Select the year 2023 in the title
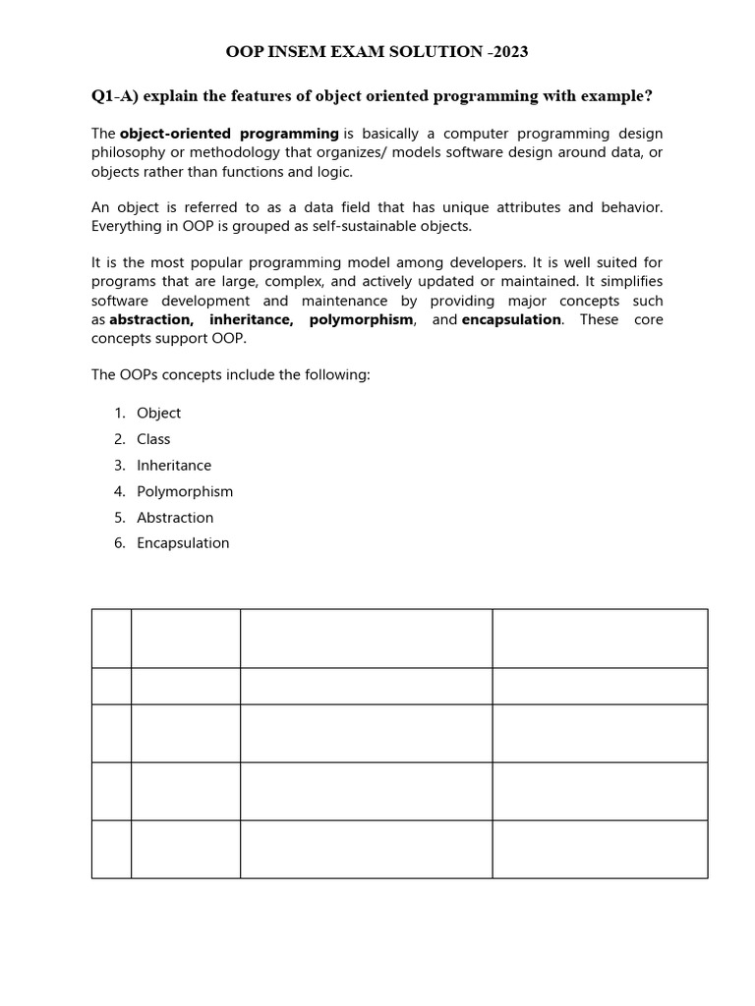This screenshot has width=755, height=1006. point(507,52)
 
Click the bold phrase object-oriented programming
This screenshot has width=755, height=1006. point(229,134)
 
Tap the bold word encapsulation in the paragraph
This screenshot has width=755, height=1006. point(512,319)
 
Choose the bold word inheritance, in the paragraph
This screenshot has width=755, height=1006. point(252,319)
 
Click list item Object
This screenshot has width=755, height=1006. point(159,414)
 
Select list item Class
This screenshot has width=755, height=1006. point(153,439)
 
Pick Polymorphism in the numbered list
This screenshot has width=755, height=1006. point(185,491)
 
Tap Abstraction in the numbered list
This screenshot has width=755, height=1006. point(175,518)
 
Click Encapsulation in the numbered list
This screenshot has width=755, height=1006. point(183,543)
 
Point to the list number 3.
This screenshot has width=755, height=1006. point(119,466)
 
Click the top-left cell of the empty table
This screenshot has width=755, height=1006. point(111,639)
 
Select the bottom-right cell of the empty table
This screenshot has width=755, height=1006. point(600,849)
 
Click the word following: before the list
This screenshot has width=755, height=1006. point(336,375)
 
